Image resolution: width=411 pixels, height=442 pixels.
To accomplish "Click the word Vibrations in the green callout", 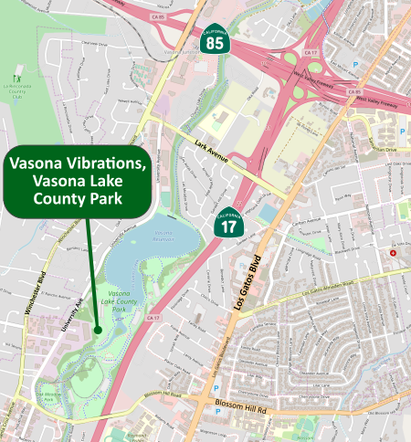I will (105, 164).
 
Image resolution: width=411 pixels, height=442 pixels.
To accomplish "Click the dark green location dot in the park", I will (97, 330).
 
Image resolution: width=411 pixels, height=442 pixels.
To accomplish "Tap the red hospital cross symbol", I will (394, 253).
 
